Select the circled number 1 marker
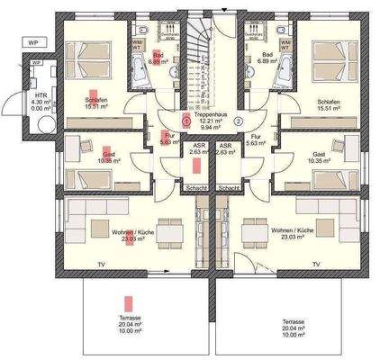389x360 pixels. click(186, 120)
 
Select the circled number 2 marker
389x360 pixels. click(239, 120)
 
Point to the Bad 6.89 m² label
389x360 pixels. click(267, 57)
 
